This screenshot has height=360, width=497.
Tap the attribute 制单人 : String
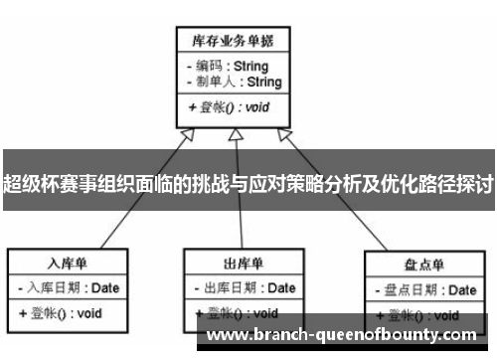coord(233,82)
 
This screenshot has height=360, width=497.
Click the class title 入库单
coord(68,264)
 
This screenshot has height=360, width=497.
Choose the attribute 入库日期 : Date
coord(68,288)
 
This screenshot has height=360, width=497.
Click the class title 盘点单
coord(424,267)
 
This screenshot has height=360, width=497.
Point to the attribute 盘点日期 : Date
coord(424,290)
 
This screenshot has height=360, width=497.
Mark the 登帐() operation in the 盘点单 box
coord(418,315)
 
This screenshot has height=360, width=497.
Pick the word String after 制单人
coord(263,82)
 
